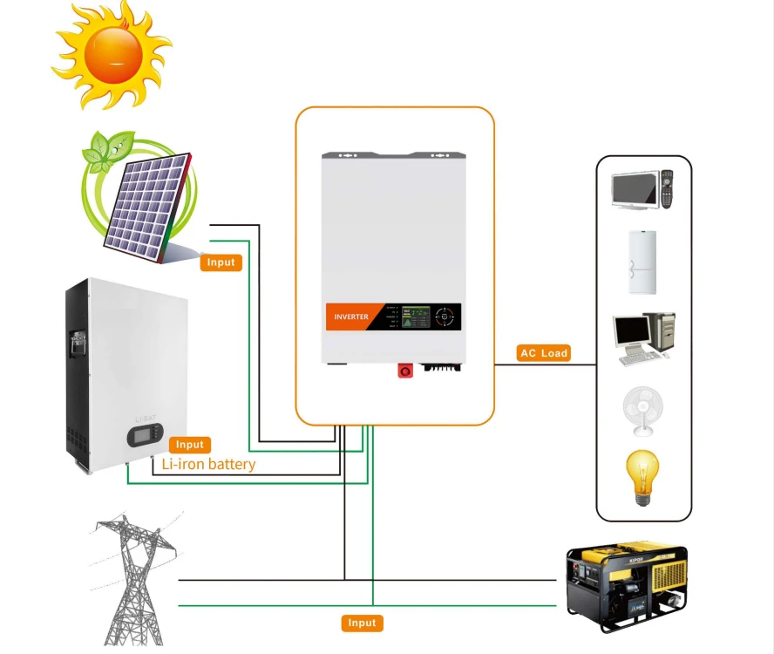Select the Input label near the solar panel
[x=221, y=262]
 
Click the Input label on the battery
[x=189, y=445]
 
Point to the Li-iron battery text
[x=208, y=464]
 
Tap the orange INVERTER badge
[x=351, y=317]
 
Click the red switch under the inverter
[x=405, y=370]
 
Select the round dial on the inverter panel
[x=445, y=316]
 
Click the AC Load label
[x=543, y=353]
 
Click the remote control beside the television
[x=668, y=188]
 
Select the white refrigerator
[x=643, y=262]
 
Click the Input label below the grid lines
[x=361, y=623]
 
